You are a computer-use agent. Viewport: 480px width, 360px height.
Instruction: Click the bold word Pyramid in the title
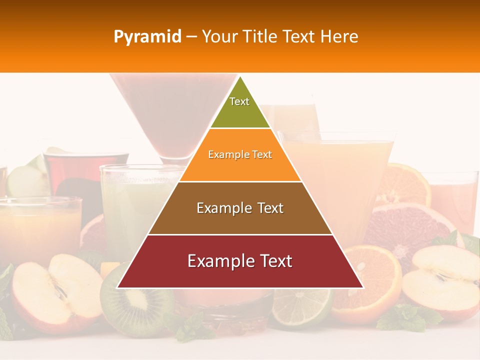pos(147,37)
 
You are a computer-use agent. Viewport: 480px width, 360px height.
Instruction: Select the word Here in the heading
pos(339,37)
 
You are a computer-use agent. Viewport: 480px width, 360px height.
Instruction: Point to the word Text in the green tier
pos(239,101)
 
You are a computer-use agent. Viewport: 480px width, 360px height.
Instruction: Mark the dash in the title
pos(191,37)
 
